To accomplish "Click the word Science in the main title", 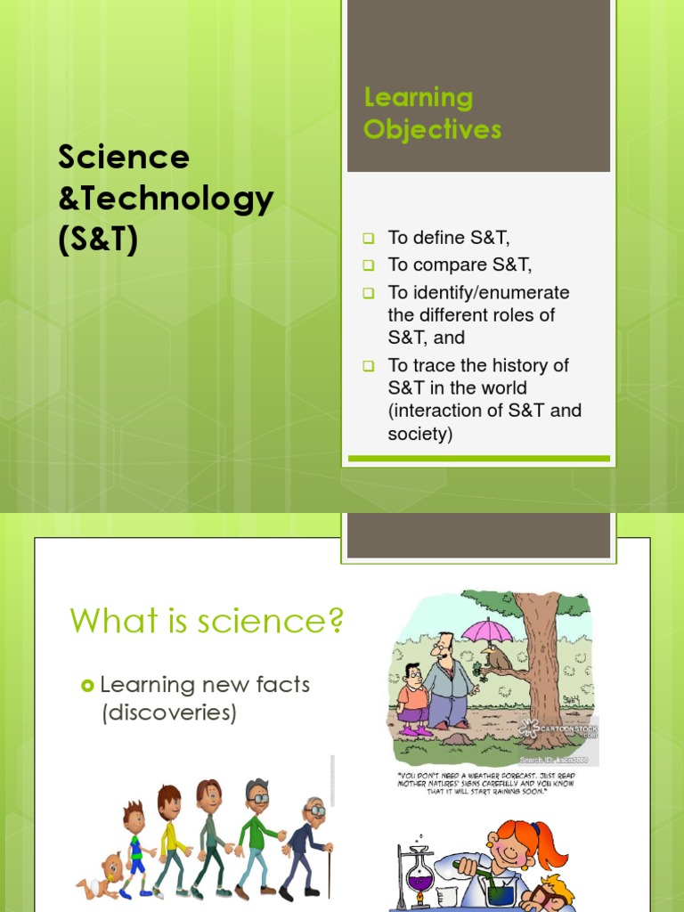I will tap(124, 158).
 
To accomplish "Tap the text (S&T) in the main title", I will tap(99, 240).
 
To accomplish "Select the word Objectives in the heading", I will tap(432, 130).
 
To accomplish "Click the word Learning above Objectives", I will tap(418, 97).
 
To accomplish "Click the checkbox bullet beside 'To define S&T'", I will tap(368, 239).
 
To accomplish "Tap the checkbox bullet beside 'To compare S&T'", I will tap(368, 265).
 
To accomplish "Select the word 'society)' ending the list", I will tap(420, 435).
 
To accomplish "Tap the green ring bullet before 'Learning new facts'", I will tap(86, 685).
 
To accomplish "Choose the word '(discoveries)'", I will tap(168, 713).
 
